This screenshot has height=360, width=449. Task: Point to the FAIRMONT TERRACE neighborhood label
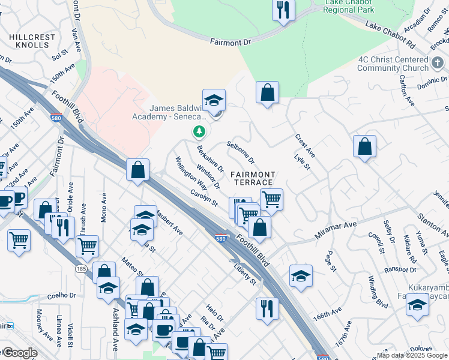[x=253, y=178]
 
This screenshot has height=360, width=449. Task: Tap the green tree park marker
[x=199, y=131]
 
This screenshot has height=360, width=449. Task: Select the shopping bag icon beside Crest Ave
[x=267, y=92]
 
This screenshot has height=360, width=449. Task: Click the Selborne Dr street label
[x=240, y=153]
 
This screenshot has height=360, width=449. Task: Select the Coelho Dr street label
[x=62, y=295]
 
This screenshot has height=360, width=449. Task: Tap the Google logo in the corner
[x=20, y=353]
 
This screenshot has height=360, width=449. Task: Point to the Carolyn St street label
[x=204, y=199]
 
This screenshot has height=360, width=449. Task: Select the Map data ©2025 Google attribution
[x=412, y=355]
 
